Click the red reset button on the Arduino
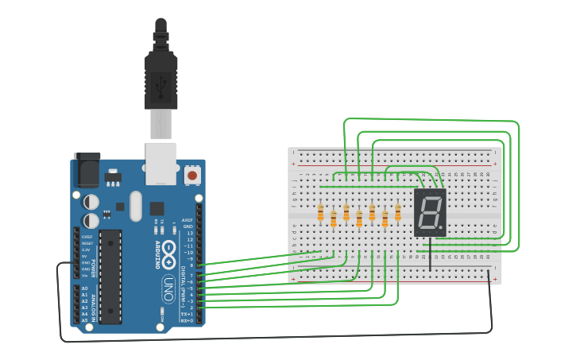pos(191,174)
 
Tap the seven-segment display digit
pos(429,212)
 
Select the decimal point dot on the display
pos(441,227)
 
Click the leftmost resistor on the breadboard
pos(320,213)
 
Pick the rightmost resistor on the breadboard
pos(398,212)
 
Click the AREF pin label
pos(187,220)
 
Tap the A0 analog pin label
pos(84,288)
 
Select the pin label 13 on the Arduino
pos(189,233)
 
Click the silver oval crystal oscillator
pos(136,206)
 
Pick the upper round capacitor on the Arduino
pos(92,202)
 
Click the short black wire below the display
pos(431,254)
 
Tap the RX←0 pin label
pos(187,320)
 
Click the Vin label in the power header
pos(84,275)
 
